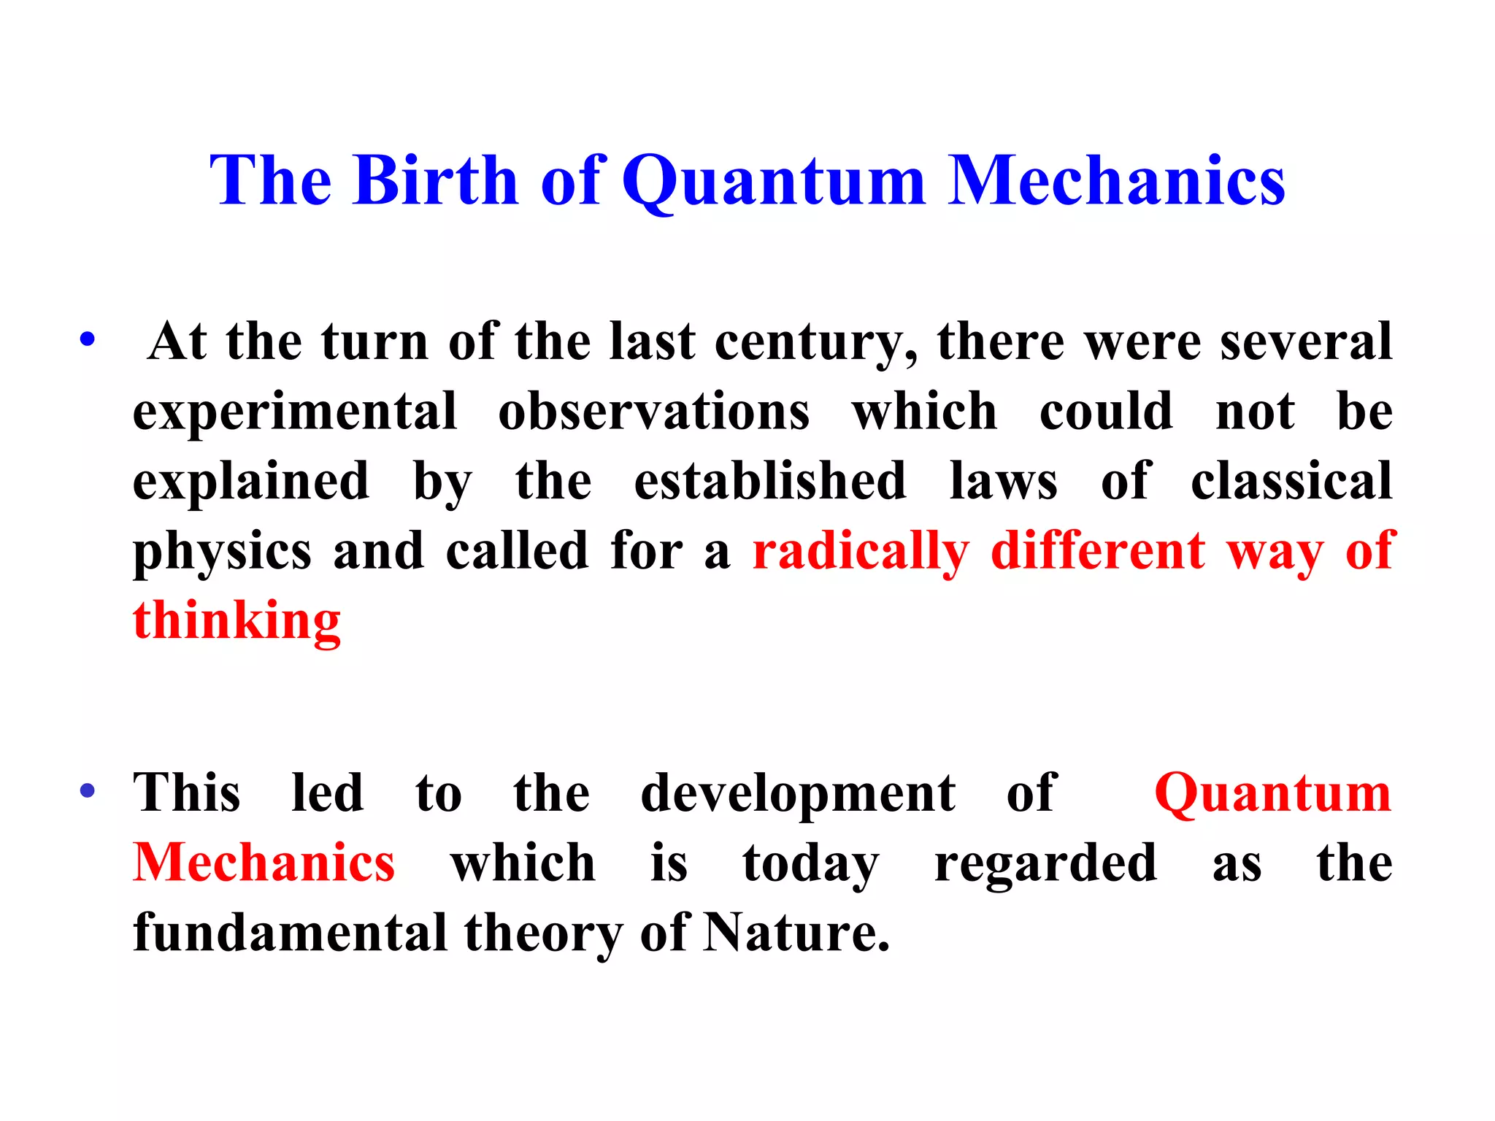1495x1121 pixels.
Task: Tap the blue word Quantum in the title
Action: pyautogui.click(x=774, y=180)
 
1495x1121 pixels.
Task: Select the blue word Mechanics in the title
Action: pyautogui.click(x=1116, y=180)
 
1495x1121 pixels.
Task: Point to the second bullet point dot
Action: pyautogui.click(x=88, y=791)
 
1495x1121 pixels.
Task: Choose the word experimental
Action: pyautogui.click(x=295, y=412)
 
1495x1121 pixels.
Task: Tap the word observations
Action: pyautogui.click(x=653, y=412)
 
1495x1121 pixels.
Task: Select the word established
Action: pyautogui.click(x=770, y=481)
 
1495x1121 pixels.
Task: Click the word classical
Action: pyautogui.click(x=1291, y=481)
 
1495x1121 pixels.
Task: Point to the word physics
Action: pyautogui.click(x=222, y=551)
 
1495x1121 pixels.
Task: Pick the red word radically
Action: pyautogui.click(x=861, y=551)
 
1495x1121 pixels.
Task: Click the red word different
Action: pyautogui.click(x=1098, y=551)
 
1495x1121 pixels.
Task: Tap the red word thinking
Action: pyautogui.click(x=237, y=621)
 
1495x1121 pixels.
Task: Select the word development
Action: pyautogui.click(x=798, y=793)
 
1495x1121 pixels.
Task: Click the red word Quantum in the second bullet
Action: pyautogui.click(x=1272, y=793)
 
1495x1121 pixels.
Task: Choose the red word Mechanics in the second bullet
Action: pyautogui.click(x=264, y=863)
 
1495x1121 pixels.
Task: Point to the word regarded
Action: pyautogui.click(x=1045, y=863)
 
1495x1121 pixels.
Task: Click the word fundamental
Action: pyautogui.click(x=290, y=933)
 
